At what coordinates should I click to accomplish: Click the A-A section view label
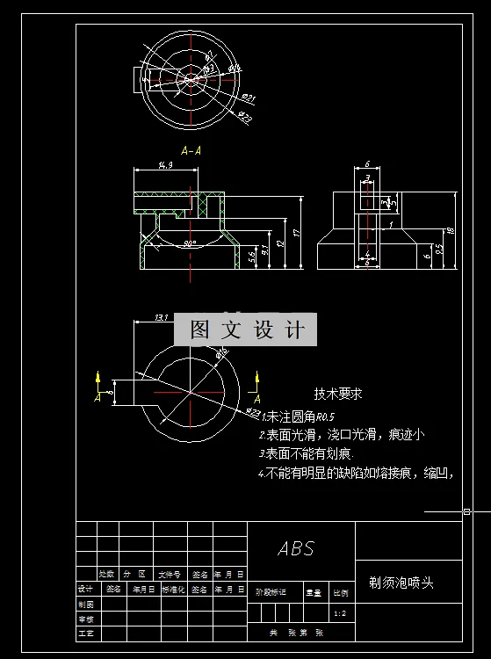coord(191,150)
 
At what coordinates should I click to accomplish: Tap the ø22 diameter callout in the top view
coord(245,118)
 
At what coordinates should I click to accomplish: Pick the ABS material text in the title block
coord(296,548)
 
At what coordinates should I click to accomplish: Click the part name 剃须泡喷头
coord(401,583)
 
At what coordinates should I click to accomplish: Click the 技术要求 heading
coord(338,395)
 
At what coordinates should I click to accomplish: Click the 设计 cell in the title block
coord(85,589)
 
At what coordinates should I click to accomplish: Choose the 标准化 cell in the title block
coord(174,589)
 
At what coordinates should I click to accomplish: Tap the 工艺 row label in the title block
coord(85,632)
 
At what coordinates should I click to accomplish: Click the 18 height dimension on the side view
coord(451,231)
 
